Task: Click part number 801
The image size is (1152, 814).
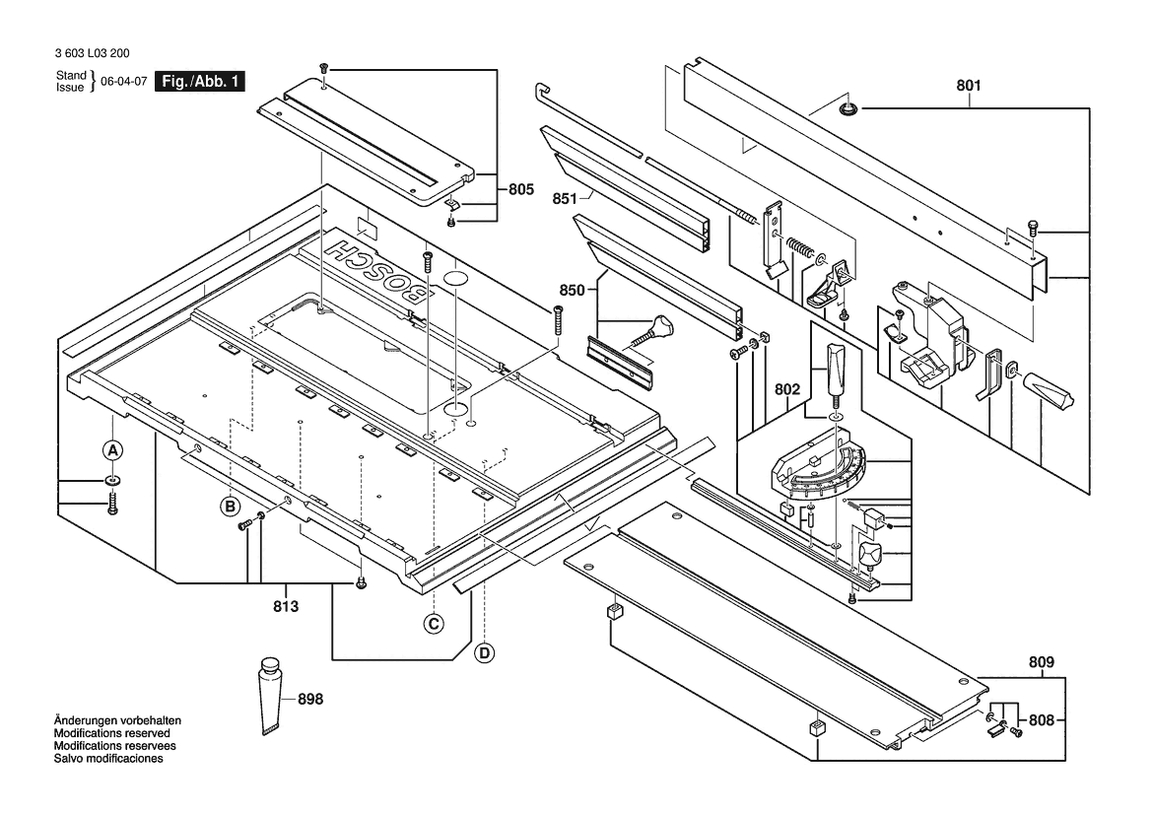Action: click(x=968, y=86)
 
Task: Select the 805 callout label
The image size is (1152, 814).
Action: click(x=520, y=188)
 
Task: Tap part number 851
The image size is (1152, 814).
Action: click(x=564, y=198)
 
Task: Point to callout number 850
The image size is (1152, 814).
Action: click(x=573, y=291)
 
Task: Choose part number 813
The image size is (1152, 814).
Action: click(x=285, y=605)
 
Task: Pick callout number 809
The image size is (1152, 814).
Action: click(x=1042, y=662)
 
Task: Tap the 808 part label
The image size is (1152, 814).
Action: click(x=1042, y=719)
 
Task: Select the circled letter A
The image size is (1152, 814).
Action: click(x=113, y=449)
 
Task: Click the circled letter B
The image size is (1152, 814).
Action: click(x=230, y=507)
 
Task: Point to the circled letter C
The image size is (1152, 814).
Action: click(x=433, y=623)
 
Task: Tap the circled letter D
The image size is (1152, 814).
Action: click(x=484, y=651)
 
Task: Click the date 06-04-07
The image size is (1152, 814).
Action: click(x=123, y=83)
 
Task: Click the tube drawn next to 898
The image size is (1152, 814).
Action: click(x=270, y=694)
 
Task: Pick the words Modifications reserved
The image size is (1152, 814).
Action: click(x=111, y=733)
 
